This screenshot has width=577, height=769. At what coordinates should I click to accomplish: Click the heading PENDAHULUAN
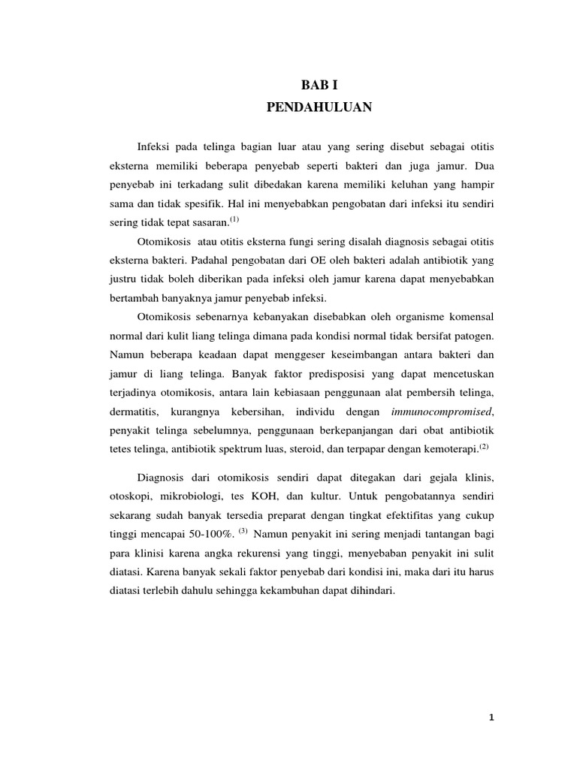point(319,108)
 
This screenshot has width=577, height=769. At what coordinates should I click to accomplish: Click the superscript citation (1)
point(234,220)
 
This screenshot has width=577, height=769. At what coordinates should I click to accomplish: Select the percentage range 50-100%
point(206,533)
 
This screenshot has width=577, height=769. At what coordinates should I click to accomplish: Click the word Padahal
point(216,260)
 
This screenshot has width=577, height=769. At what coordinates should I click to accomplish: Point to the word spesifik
point(213,204)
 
